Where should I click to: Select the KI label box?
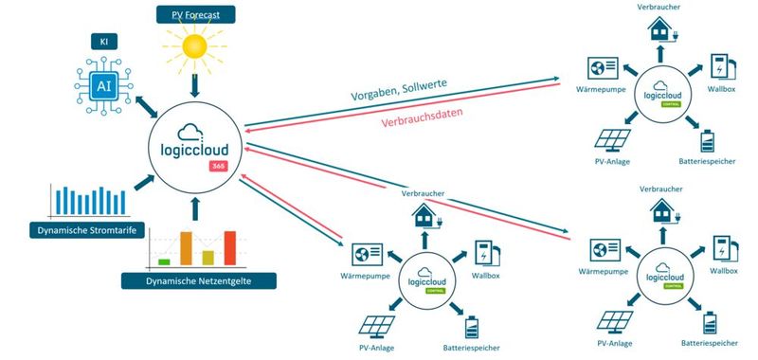105,43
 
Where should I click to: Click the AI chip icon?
105,84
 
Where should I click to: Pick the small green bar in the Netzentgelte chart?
164,261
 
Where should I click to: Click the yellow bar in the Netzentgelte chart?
208,257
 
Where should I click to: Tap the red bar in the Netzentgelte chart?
229,248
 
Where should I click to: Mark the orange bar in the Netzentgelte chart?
186,248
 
